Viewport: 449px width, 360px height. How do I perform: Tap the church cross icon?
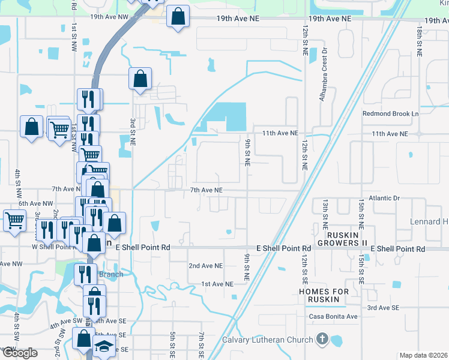(323, 340)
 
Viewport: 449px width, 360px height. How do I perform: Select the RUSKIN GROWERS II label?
(346, 239)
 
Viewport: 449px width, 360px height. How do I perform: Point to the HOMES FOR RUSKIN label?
(324, 295)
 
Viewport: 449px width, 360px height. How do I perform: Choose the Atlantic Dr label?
(384, 197)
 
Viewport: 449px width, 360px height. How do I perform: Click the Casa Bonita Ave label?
(333, 316)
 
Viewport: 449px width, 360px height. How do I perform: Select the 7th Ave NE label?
(206, 190)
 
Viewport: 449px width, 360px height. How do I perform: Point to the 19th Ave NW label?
(109, 17)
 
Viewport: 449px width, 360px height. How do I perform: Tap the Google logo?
(19, 352)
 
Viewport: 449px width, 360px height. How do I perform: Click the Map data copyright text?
(423, 355)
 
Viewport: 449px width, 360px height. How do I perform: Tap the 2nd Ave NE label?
(205, 265)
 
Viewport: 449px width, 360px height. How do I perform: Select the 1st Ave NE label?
(217, 283)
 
